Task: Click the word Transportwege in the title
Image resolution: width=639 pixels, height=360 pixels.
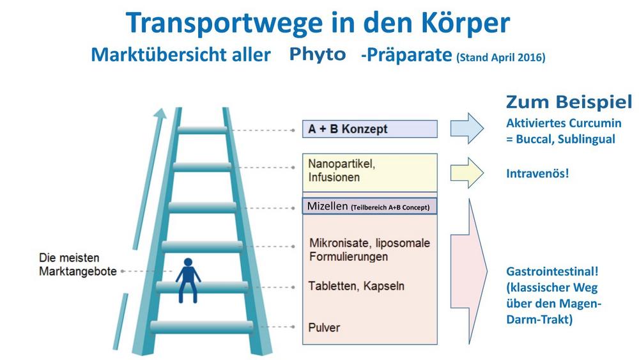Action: (224, 24)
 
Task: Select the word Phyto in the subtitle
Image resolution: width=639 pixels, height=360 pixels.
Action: (318, 54)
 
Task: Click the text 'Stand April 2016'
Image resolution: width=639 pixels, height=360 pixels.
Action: (501, 58)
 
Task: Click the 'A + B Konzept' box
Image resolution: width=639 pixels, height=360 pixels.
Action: (369, 129)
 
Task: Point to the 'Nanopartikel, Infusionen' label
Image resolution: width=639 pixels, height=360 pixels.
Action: (341, 171)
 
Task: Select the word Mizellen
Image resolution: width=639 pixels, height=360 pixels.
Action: (328, 207)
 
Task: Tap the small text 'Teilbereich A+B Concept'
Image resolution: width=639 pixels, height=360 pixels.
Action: (390, 208)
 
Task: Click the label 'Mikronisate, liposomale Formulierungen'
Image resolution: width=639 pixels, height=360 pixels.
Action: (369, 249)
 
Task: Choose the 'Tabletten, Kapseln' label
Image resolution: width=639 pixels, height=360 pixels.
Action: (356, 286)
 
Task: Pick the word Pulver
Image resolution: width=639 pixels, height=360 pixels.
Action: (324, 327)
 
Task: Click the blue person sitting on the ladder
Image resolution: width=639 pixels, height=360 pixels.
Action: (188, 280)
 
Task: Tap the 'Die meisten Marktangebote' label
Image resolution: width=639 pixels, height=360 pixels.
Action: (77, 265)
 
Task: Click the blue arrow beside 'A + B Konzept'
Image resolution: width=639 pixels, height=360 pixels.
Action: (466, 129)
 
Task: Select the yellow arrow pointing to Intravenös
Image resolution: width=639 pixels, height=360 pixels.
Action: (466, 173)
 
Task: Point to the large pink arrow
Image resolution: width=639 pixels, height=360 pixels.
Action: (468, 271)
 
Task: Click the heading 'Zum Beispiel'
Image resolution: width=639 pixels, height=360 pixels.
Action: (569, 102)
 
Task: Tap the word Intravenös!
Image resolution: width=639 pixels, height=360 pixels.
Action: (537, 174)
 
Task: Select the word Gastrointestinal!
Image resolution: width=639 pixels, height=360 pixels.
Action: (552, 272)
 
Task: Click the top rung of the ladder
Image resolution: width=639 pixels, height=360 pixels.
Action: (203, 130)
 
